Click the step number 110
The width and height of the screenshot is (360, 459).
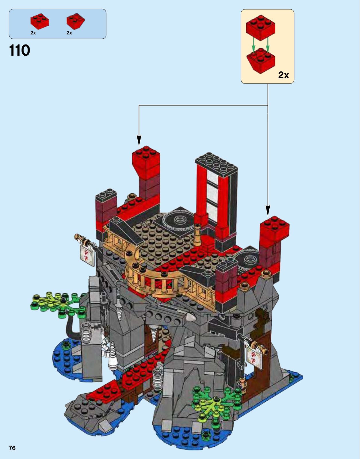[20, 50]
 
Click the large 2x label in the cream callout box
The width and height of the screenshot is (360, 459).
[283, 75]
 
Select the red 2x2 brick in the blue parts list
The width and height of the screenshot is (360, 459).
[40, 21]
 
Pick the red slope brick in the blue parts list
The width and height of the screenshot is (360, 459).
[76, 21]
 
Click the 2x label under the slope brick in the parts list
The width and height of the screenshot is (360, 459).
[69, 33]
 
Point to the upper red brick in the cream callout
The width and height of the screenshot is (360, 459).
[260, 28]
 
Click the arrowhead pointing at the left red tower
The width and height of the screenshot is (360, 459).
[139, 141]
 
